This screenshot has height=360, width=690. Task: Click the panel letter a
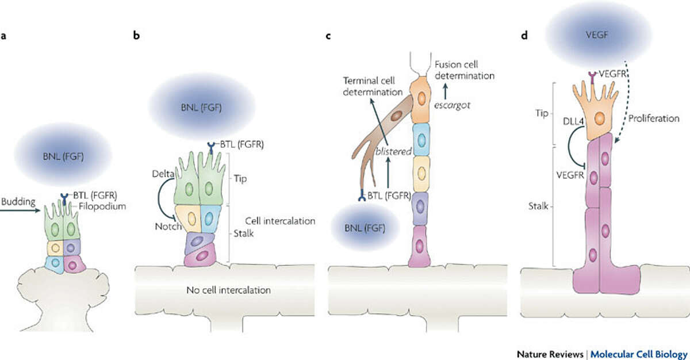click(x=4, y=36)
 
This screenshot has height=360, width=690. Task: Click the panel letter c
click(x=328, y=36)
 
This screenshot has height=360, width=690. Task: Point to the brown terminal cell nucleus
click(x=396, y=117)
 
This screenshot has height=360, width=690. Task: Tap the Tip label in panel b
click(x=241, y=179)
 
